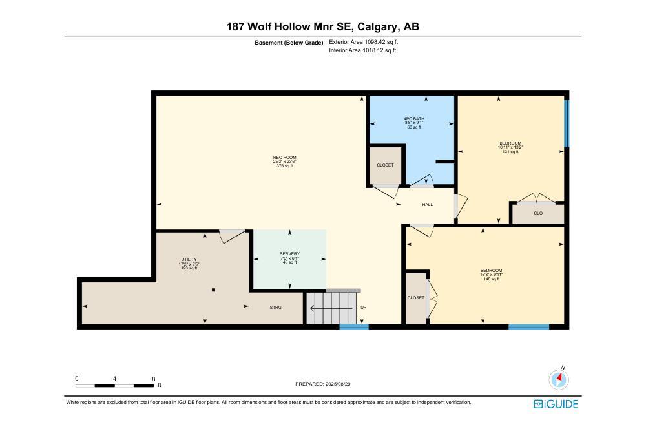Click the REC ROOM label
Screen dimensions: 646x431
(284, 162)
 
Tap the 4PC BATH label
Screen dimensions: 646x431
(413, 123)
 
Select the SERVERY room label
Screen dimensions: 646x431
(289, 258)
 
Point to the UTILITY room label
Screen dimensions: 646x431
(189, 264)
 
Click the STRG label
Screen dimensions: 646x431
(276, 308)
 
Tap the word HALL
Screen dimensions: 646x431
(427, 205)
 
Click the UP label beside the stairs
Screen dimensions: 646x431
(363, 308)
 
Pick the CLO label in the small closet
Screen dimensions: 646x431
(538, 213)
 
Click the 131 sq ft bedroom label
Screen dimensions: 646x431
(510, 147)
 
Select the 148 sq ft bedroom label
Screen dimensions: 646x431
(491, 275)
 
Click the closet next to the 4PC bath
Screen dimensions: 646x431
(385, 165)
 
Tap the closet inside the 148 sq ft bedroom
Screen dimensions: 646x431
(415, 297)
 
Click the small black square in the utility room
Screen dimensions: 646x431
(213, 290)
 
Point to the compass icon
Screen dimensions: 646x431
(559, 379)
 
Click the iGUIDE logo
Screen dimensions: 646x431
(556, 405)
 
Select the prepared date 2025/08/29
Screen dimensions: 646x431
(322, 384)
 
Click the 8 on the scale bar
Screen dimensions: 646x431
(154, 379)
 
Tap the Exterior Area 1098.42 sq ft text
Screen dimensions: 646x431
(363, 41)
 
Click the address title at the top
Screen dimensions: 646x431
(322, 26)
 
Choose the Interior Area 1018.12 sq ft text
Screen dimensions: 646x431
(362, 50)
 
